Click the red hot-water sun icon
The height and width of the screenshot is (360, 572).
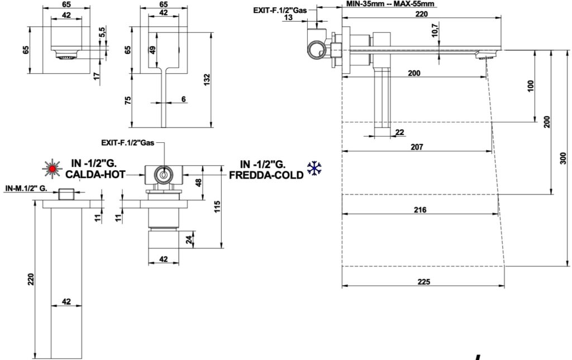[x=53, y=167]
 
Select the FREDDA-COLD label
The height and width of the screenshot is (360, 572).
[x=266, y=174]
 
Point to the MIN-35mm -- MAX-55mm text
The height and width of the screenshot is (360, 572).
[x=390, y=4]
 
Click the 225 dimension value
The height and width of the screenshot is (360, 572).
[x=423, y=282]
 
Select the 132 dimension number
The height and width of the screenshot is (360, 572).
[x=207, y=79]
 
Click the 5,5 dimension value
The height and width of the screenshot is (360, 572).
[x=101, y=34]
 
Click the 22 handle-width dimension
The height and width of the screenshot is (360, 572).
[x=399, y=132]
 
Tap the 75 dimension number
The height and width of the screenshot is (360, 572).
[x=128, y=100]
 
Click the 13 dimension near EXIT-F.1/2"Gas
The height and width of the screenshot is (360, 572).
[x=288, y=17]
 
